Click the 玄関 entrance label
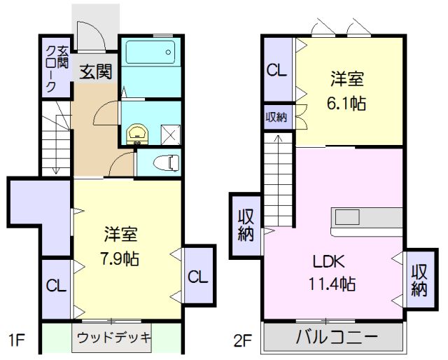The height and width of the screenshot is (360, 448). pos(95,72)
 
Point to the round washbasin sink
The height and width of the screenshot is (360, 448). pos(137,132)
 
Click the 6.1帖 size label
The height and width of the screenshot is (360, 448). pos(348,103)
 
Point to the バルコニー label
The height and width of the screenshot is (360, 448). pos(336,337)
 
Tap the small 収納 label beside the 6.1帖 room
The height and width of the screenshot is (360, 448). pos(276,117)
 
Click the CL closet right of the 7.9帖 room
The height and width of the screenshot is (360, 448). pos(197,277)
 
